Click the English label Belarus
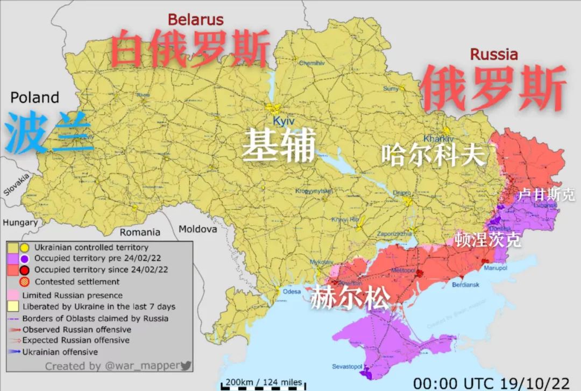point(195,19)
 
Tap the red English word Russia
point(494,54)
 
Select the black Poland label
point(35,97)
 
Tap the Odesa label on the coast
point(292,291)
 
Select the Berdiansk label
point(464,284)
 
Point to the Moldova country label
point(198,229)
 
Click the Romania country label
point(140,232)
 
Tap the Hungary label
point(20,222)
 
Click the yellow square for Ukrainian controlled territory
point(13,247)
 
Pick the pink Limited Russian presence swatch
point(13,295)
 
